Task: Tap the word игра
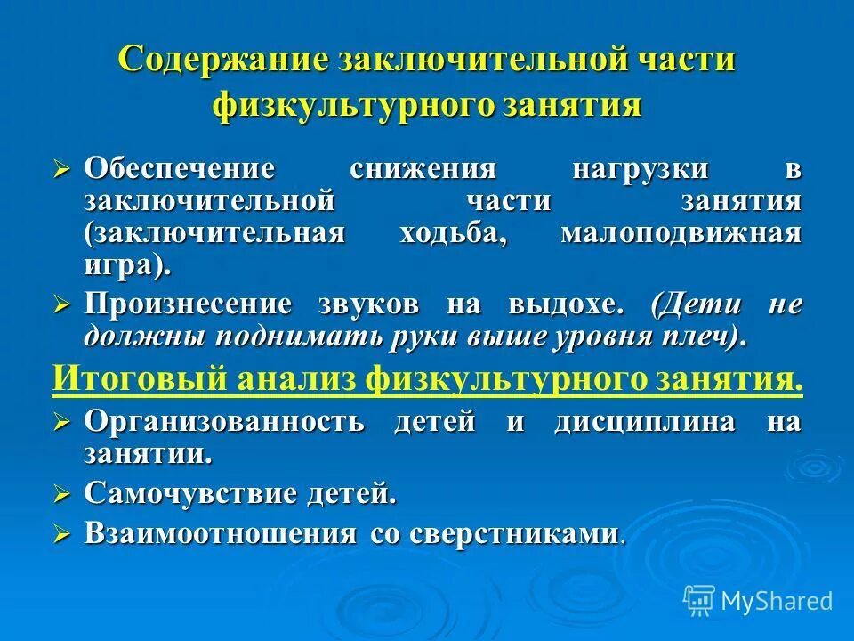point(124,265)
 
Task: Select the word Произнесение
point(188,304)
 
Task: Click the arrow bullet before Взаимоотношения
point(61,533)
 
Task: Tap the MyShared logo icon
point(699,599)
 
